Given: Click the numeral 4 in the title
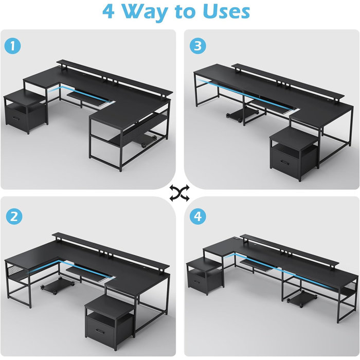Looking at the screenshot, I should point(109,11).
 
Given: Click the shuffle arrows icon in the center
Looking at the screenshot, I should point(179,193).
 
